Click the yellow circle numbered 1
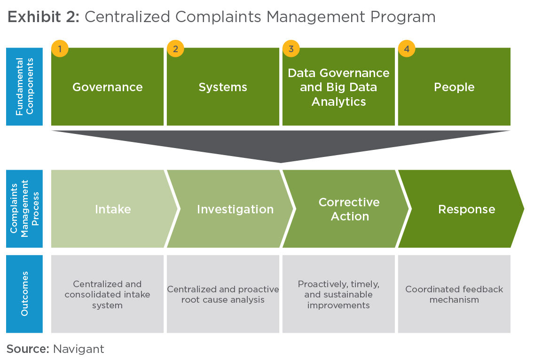click(60, 49)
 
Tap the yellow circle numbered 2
click(175, 49)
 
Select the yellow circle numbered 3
click(291, 49)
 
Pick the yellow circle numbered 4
click(407, 49)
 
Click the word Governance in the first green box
click(107, 87)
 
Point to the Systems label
click(223, 87)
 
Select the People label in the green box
click(454, 87)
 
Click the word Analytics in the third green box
click(338, 102)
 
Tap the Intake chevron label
click(113, 209)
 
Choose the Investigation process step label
click(235, 209)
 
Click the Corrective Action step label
click(349, 209)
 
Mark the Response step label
click(467, 209)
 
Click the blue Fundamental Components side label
click(24, 86)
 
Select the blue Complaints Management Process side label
click(24, 209)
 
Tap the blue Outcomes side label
click(24, 294)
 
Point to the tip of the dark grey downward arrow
click(281, 163)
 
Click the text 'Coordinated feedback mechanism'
click(454, 294)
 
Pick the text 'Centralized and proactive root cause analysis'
click(223, 294)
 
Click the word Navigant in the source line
click(79, 349)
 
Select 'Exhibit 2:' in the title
click(44, 17)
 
